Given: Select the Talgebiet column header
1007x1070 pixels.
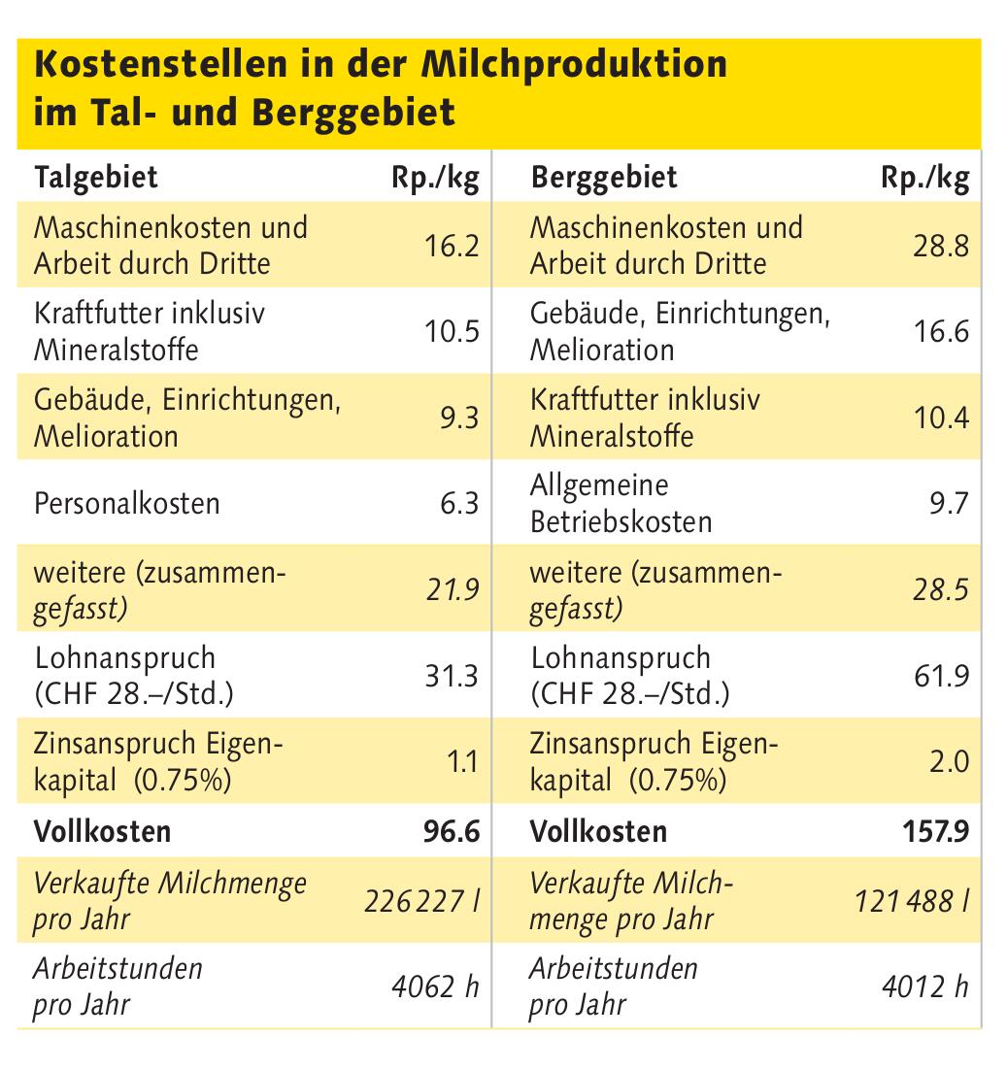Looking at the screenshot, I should click(x=96, y=179).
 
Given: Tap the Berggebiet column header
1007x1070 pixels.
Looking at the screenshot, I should click(x=604, y=179).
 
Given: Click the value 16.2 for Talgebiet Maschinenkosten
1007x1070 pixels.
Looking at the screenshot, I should click(x=452, y=246).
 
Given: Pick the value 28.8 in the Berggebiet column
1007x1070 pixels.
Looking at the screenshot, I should click(x=940, y=246).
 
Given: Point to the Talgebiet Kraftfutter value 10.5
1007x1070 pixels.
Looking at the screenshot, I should click(x=452, y=332).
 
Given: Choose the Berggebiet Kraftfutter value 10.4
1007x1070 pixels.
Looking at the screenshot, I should click(x=940, y=418).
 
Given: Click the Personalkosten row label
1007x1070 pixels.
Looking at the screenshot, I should click(x=127, y=504).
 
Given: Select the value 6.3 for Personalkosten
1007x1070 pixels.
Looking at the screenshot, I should click(x=459, y=504).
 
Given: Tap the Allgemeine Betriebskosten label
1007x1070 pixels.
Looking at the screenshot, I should click(x=621, y=503).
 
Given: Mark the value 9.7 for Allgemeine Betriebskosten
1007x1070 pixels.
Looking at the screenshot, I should click(x=949, y=504).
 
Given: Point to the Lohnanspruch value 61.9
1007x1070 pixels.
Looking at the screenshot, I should click(x=941, y=676).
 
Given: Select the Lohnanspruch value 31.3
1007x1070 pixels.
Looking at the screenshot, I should click(x=453, y=676).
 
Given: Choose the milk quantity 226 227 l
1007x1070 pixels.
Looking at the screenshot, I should click(x=421, y=902).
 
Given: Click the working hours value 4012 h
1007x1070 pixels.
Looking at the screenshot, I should click(x=924, y=987).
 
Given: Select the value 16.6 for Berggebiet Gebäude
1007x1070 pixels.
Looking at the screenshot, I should click(x=940, y=332).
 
